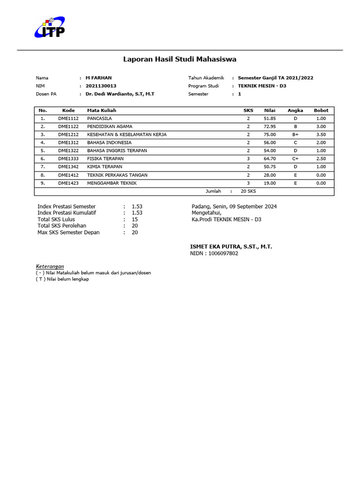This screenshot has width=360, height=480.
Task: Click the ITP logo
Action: click(x=49, y=28)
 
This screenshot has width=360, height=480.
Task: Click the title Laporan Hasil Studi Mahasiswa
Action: click(x=180, y=60)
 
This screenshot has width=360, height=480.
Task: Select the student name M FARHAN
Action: click(x=98, y=78)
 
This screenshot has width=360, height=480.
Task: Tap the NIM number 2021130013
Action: click(x=101, y=86)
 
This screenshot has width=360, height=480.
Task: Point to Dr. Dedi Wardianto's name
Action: click(x=120, y=94)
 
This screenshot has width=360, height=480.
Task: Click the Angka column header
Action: click(x=295, y=111)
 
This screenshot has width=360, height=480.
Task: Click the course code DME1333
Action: click(x=68, y=159)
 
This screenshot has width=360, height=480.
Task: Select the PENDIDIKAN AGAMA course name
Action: click(x=110, y=127)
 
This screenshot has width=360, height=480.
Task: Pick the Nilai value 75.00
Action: click(x=270, y=135)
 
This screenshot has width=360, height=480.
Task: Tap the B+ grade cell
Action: click(x=295, y=135)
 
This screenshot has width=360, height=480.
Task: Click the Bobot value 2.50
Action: click(x=321, y=159)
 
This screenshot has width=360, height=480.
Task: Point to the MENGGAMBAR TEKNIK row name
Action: click(x=112, y=183)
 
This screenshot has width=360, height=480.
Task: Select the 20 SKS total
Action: click(x=248, y=191)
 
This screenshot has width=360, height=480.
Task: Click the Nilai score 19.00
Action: click(x=270, y=183)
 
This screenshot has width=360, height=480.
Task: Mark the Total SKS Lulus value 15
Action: click(x=135, y=219)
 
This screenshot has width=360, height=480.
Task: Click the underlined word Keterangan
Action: click(x=50, y=266)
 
